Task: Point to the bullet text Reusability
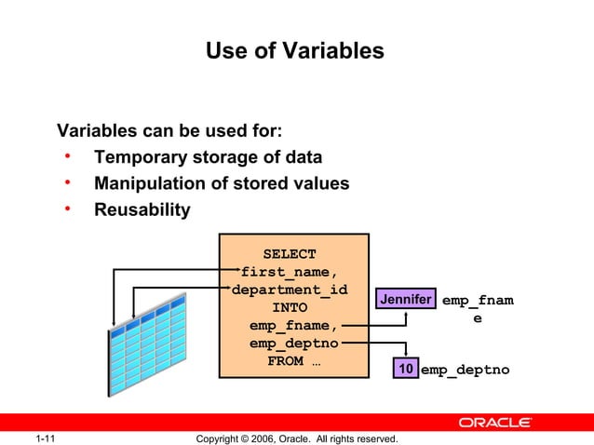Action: click(142, 209)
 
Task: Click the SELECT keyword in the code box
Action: click(289, 254)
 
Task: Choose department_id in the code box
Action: click(289, 290)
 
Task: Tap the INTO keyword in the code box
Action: click(289, 307)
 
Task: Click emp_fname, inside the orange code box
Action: click(293, 326)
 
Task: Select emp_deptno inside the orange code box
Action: click(293, 344)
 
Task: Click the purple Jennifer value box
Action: click(405, 300)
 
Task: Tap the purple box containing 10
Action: click(405, 370)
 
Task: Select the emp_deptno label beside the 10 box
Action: click(465, 371)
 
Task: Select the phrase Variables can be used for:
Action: click(170, 129)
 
